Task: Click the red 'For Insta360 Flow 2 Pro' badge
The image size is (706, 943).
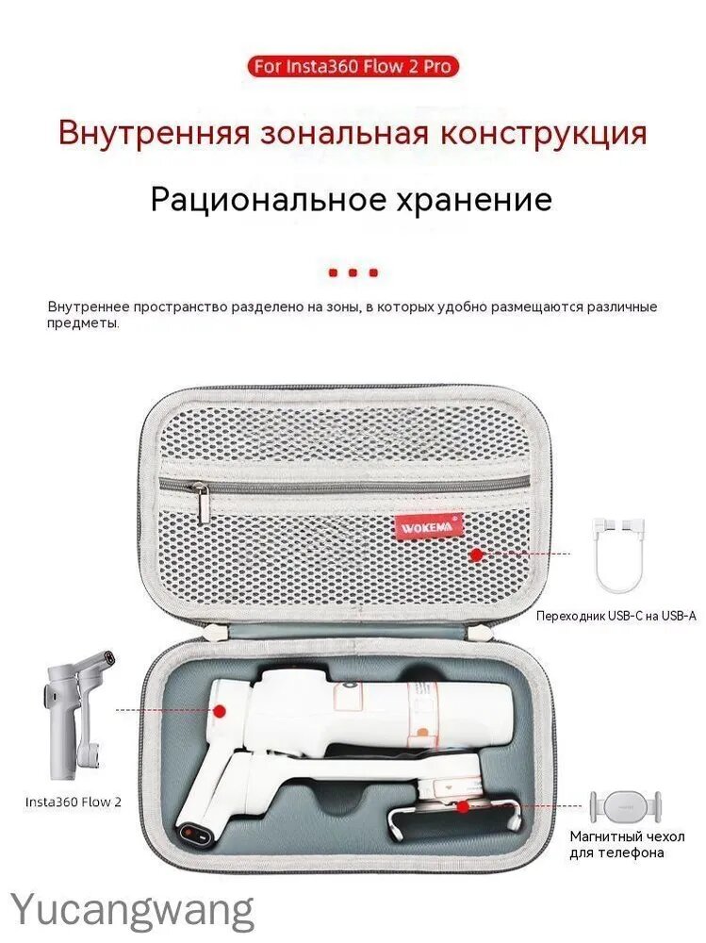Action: tap(353, 66)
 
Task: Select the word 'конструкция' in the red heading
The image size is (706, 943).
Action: tap(544, 134)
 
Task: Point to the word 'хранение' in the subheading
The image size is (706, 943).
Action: tap(472, 200)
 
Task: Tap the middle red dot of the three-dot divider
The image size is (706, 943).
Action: tap(353, 273)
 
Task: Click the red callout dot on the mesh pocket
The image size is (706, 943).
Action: tap(476, 554)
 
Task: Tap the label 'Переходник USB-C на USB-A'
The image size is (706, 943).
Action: tap(616, 616)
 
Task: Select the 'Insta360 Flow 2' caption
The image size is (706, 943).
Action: tap(73, 802)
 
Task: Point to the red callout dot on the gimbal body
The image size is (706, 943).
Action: tap(221, 710)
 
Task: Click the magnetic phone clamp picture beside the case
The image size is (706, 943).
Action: tap(626, 805)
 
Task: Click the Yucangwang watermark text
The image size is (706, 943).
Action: tap(133, 912)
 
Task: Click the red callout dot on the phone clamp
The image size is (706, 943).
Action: tap(463, 806)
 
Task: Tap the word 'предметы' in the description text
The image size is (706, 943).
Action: tap(83, 323)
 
